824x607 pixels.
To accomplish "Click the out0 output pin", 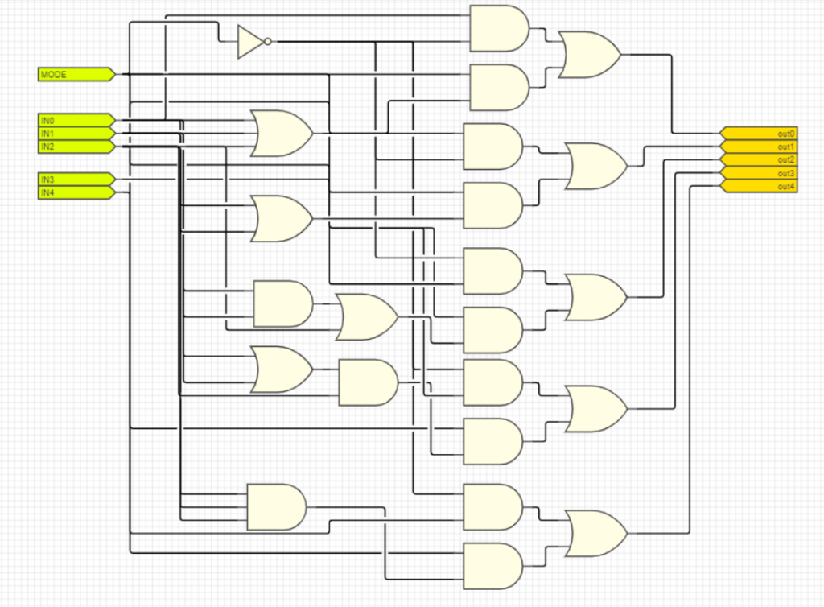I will click(x=760, y=133).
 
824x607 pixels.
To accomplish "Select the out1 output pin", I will click(x=760, y=147).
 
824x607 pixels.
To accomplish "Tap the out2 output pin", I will click(x=760, y=159).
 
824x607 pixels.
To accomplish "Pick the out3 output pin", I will click(x=760, y=173).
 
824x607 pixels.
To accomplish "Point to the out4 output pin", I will click(x=760, y=187).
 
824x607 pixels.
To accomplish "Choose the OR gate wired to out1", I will click(x=596, y=166).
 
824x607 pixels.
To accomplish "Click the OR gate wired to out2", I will click(x=596, y=296).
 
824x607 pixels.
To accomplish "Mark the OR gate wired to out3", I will click(x=596, y=408).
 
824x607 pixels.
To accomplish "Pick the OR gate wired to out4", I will click(x=596, y=533).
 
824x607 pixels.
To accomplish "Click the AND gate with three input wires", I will click(x=276, y=506).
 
